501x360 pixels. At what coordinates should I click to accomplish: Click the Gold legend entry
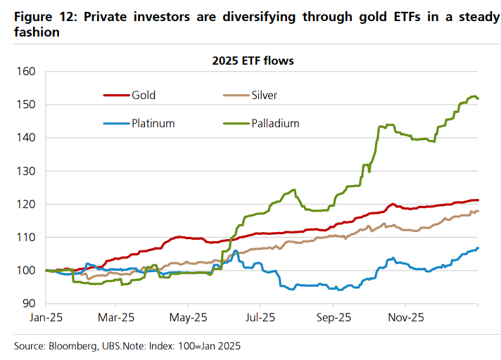(x=144, y=95)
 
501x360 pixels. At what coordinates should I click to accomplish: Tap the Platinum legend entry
(x=152, y=123)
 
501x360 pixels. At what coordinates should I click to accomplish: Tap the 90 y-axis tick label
(x=28, y=304)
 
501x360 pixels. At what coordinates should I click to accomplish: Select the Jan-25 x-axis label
(x=46, y=317)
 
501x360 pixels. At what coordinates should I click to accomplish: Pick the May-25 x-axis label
(x=189, y=317)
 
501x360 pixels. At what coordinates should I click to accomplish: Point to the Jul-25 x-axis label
(x=261, y=317)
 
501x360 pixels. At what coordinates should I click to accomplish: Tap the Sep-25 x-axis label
(x=334, y=317)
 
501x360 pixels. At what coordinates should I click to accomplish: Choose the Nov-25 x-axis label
(x=405, y=317)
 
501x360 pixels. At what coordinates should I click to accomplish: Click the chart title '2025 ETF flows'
(x=253, y=60)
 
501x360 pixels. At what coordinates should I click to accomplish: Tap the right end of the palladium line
(x=478, y=98)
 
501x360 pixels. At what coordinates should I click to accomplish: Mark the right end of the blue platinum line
(x=478, y=247)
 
